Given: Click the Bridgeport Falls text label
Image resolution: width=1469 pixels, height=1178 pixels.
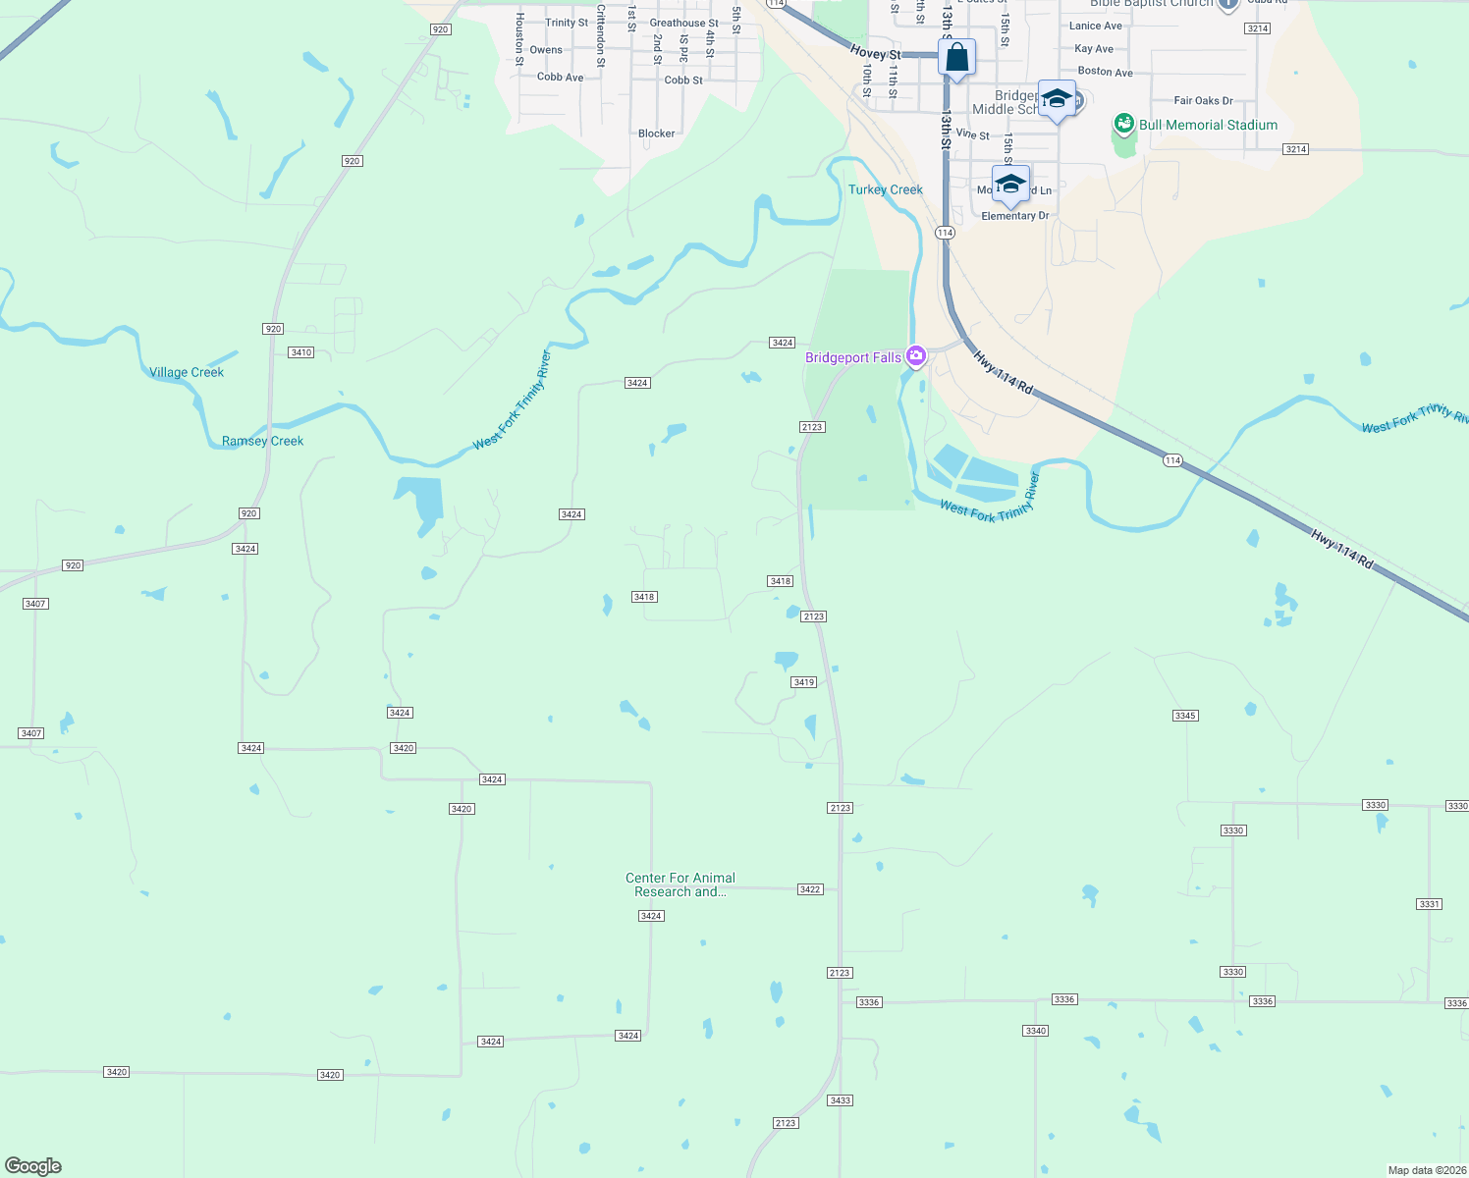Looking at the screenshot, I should [x=852, y=357].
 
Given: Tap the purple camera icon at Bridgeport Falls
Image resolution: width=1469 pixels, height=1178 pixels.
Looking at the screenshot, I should [x=916, y=356].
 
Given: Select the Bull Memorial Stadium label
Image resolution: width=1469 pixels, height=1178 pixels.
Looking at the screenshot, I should [x=1208, y=125].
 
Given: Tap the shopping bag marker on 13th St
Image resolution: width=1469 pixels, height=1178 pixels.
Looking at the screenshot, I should [x=956, y=58].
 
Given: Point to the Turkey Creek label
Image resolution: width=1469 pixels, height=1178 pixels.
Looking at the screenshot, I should [x=886, y=189].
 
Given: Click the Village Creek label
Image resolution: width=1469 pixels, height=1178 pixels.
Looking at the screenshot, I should [x=187, y=372].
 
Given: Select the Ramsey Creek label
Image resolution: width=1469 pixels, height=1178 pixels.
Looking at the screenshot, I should [x=262, y=441].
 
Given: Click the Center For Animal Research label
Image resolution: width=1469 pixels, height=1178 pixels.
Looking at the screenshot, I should [x=680, y=884].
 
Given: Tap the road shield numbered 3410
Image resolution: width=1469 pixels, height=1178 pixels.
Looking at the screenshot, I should [x=300, y=352].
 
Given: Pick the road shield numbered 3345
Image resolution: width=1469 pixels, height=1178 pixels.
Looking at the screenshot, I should [x=1185, y=716].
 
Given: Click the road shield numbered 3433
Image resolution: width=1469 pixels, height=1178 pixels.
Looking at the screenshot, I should [x=840, y=1100].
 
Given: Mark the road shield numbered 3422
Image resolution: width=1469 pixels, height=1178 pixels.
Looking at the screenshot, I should [x=809, y=889].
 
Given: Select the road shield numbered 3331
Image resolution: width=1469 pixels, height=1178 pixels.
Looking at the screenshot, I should [x=1429, y=904].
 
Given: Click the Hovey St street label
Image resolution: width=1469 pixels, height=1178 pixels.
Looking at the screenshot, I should [x=875, y=53].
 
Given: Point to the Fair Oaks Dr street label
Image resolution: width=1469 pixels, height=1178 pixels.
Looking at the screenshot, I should [x=1203, y=100].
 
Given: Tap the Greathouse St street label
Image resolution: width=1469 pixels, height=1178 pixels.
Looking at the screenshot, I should [x=683, y=23].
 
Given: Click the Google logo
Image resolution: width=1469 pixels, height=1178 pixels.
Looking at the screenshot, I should [x=33, y=1166].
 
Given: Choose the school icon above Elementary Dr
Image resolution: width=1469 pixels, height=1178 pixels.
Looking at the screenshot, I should [x=1009, y=184].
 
